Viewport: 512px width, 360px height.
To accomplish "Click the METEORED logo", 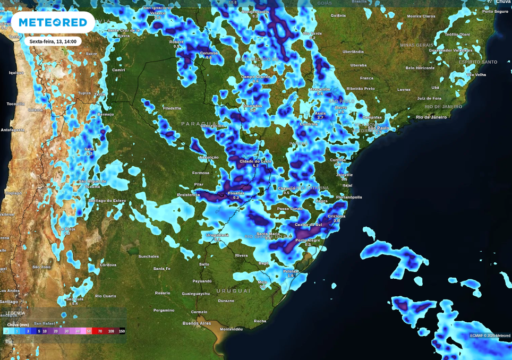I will (x=53, y=22).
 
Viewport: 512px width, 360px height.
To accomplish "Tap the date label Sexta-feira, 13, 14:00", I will (x=53, y=41).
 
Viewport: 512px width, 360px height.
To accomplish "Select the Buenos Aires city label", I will (x=197, y=323).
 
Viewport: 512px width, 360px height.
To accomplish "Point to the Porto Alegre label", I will (x=308, y=240).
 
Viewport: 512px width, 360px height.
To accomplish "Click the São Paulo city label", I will (x=379, y=128).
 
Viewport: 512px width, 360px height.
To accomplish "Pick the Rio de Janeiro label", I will (x=431, y=117).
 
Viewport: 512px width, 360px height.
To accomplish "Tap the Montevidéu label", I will (x=231, y=329).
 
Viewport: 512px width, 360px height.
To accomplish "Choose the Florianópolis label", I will (x=349, y=197).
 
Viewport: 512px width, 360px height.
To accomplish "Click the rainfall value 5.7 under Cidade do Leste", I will (x=255, y=166).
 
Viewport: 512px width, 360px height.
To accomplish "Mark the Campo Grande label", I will (x=255, y=76).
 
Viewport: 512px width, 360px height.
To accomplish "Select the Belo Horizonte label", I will (x=420, y=68).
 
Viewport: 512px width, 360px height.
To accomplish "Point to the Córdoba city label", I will (x=108, y=264).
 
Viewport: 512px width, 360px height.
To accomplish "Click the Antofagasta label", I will (x=12, y=130).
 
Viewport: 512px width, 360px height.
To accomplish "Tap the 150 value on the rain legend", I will (x=122, y=331).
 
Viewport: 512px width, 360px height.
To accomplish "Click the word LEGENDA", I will (x=15, y=313).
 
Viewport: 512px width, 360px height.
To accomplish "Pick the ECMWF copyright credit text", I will (x=490, y=336).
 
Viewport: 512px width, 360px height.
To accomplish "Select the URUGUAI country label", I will (x=233, y=291).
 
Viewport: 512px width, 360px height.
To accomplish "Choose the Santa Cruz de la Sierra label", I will (x=123, y=33).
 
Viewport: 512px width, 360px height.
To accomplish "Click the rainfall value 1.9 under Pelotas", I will (x=291, y=276).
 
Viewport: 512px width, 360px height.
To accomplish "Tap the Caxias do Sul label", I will (x=308, y=225).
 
